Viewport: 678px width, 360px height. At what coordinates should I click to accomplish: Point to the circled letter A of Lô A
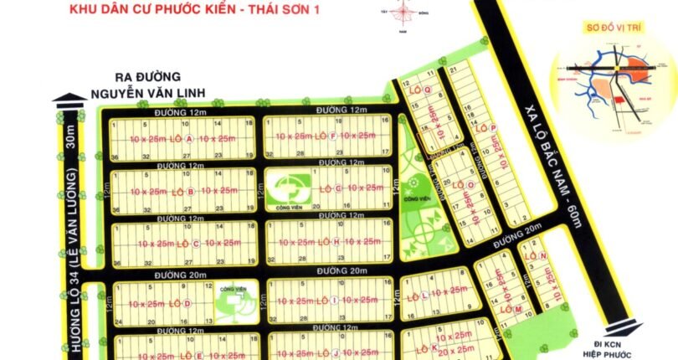(x=189, y=137)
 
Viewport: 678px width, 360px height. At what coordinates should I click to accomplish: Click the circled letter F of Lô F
(x=332, y=136)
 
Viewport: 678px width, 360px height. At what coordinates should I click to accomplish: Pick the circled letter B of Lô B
(x=190, y=191)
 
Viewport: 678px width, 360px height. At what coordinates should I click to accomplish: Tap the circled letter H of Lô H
(x=336, y=242)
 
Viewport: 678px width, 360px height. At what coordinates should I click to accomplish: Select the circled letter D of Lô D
(x=187, y=303)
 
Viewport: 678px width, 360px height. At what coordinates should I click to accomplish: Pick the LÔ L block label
(x=424, y=295)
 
